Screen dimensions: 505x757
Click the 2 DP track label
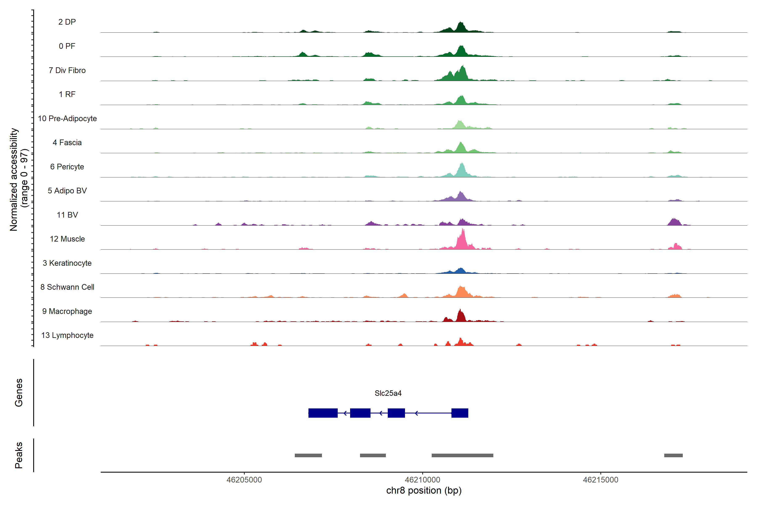point(67,22)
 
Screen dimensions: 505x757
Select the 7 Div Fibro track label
point(67,70)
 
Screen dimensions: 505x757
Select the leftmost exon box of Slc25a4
point(323,413)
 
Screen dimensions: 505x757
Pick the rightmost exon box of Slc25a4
point(460,413)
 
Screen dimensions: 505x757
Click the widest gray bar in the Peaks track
point(462,455)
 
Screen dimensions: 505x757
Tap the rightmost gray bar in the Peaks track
point(673,455)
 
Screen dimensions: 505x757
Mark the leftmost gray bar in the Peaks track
point(308,455)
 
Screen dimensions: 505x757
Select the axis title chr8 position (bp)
point(423,490)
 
